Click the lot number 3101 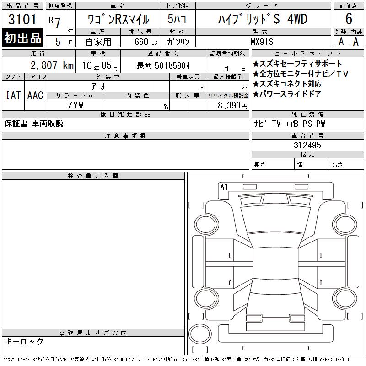[x=22, y=19]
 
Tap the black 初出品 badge [x=22, y=38]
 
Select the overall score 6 [x=349, y=19]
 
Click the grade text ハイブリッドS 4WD [x=263, y=19]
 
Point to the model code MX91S [x=262, y=42]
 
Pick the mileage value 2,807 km [x=52, y=65]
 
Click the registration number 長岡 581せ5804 [x=163, y=65]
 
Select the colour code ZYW [x=75, y=105]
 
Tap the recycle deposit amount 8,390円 [x=232, y=106]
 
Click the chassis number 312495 [x=307, y=145]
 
